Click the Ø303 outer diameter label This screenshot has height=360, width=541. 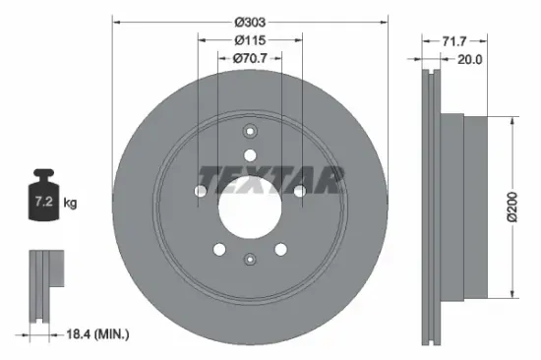(250, 21)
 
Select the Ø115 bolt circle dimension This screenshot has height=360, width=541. (250, 40)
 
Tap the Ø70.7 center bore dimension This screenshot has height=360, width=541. (250, 59)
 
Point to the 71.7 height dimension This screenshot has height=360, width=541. (453, 41)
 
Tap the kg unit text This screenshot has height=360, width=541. (71, 204)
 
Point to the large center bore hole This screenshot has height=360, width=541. (250, 204)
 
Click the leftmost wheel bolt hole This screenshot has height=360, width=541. (201, 190)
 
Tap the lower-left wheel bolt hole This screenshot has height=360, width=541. (220, 249)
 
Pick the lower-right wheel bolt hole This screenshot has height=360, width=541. (280, 249)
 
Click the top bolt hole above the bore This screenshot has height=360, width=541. (250, 154)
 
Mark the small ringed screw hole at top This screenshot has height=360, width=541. (250, 133)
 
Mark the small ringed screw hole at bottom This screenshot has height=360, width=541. (250, 258)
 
